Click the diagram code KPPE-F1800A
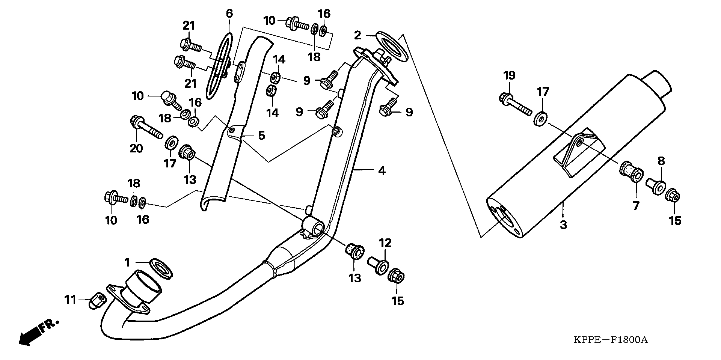[x=611, y=340]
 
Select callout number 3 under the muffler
[x=563, y=225]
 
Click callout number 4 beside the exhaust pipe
[x=382, y=171]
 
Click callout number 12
[x=387, y=243]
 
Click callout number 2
[x=357, y=36]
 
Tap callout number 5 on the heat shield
[x=261, y=136]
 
